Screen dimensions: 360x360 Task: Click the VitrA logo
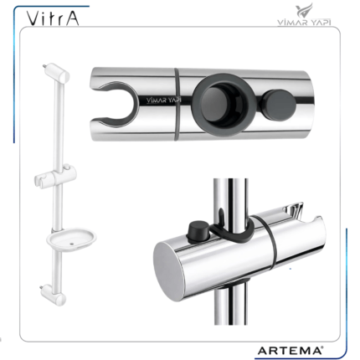point(53,18)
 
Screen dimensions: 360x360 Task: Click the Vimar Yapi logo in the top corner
point(304,14)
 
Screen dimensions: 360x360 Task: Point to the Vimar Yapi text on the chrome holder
point(164,100)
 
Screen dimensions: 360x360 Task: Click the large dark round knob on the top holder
point(224,104)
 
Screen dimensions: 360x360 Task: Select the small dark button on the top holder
point(279,105)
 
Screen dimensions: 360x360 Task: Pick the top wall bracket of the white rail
point(57,73)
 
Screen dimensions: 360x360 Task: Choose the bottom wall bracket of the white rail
point(54,296)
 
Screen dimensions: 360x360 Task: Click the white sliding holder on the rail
point(55,176)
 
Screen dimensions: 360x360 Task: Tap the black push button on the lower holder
point(198,230)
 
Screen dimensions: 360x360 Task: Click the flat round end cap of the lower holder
point(168,271)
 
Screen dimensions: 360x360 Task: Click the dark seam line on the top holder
point(177,104)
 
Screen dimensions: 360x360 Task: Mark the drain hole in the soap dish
point(72,244)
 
